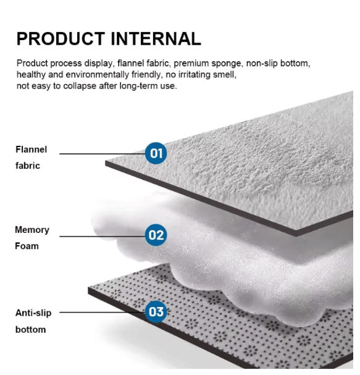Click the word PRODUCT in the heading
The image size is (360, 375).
[x=61, y=39]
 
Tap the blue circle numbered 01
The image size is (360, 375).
[x=156, y=153]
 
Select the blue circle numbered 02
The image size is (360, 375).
[x=156, y=235]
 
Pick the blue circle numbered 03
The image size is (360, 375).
[x=156, y=312]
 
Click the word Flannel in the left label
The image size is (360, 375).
[x=31, y=150]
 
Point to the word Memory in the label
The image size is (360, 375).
[x=32, y=230]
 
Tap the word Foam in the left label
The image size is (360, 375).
[x=27, y=246]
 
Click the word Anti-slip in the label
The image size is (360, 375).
[x=33, y=313]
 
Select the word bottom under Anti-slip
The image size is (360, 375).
[x=31, y=329]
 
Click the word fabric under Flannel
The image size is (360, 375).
[x=28, y=166]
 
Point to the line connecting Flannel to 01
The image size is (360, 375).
[x=103, y=154]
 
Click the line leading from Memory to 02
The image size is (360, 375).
[x=103, y=237]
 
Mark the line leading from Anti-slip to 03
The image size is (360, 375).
[x=103, y=313]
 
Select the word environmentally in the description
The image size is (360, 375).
[x=97, y=75]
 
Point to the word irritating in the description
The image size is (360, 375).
[x=194, y=75]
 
